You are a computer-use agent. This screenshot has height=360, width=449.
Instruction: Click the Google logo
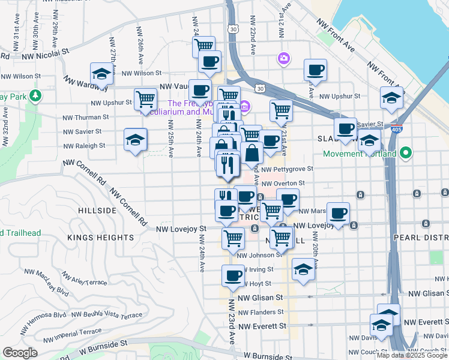20,353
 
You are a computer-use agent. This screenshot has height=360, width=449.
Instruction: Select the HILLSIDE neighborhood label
97,211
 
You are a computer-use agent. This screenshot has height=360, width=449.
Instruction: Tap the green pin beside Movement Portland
406,153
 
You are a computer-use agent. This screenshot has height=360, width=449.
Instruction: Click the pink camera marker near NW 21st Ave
283,58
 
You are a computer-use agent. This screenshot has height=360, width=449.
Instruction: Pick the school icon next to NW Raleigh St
135,140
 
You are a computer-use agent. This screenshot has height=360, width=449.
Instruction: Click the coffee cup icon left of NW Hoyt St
233,277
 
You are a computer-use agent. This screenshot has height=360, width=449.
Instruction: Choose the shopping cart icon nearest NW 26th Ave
145,99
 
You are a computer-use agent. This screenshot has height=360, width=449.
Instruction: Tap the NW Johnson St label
259,254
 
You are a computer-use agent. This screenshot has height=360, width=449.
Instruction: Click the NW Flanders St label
261,312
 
